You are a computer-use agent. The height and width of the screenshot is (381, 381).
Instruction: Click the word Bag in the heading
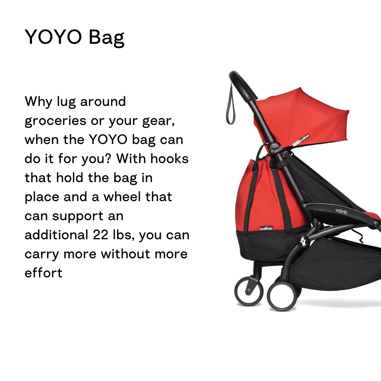click(x=106, y=38)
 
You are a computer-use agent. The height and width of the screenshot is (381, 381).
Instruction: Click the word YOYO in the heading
click(x=53, y=37)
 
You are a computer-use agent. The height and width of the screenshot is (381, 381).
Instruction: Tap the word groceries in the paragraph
click(x=56, y=121)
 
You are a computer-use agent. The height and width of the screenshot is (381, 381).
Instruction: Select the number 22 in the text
click(x=100, y=235)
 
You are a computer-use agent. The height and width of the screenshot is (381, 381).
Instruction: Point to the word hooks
click(x=170, y=158)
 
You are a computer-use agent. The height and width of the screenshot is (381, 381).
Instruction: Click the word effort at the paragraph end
click(x=43, y=273)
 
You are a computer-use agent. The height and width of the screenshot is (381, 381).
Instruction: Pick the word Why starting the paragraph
click(x=38, y=102)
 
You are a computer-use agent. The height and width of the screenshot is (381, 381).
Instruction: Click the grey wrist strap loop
click(x=231, y=107)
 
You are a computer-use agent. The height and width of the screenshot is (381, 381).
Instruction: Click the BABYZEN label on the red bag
click(x=266, y=228)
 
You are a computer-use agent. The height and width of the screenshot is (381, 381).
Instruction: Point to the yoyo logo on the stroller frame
click(x=341, y=211)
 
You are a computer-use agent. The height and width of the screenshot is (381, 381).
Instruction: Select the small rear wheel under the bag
click(x=248, y=291)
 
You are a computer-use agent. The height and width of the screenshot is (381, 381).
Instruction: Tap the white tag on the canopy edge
click(x=301, y=140)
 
